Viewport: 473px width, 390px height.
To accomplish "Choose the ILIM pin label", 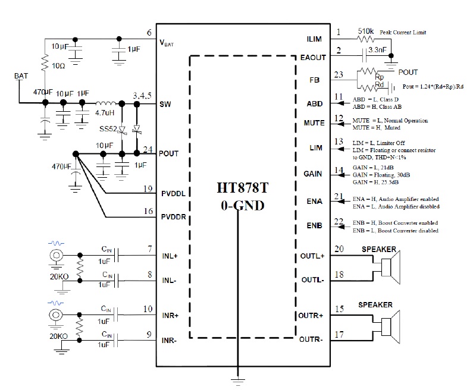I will click(x=314, y=39).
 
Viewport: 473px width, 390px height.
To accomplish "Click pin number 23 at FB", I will click(x=339, y=75).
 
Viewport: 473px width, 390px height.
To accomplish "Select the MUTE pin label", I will click(x=313, y=123).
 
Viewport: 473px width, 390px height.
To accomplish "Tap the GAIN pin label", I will click(x=314, y=174).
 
